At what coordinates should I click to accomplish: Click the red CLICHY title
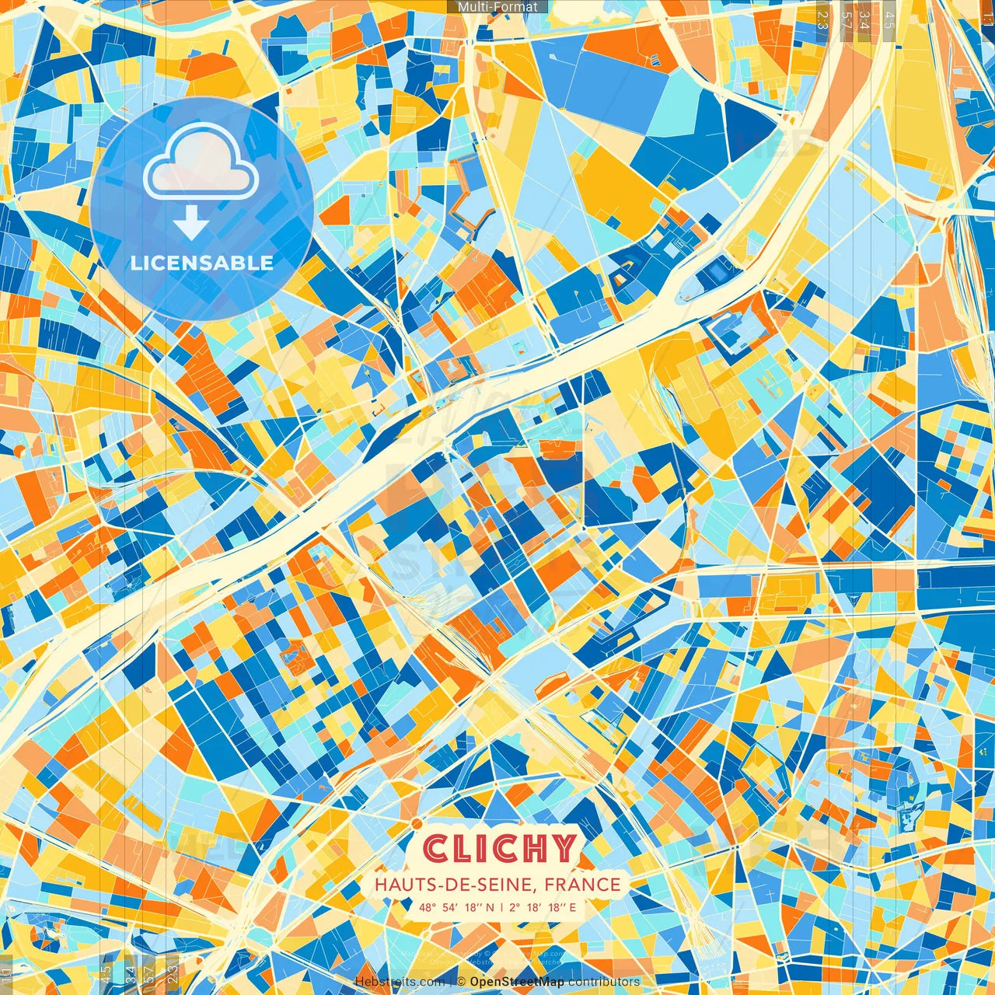(500, 849)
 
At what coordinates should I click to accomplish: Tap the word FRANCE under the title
(582, 885)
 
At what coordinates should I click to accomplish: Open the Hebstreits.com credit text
(400, 982)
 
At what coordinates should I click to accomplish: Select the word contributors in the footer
(604, 982)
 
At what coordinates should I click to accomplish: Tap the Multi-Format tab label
(497, 7)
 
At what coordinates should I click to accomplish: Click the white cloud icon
(201, 162)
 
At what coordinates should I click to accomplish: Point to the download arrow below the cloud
(190, 224)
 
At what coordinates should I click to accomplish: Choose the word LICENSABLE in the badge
(202, 263)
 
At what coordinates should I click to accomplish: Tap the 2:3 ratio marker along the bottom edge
(173, 972)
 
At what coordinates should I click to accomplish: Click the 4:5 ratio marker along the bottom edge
(106, 972)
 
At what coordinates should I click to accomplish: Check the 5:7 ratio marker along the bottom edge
(148, 972)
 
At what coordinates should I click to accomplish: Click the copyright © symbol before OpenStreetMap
(461, 982)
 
